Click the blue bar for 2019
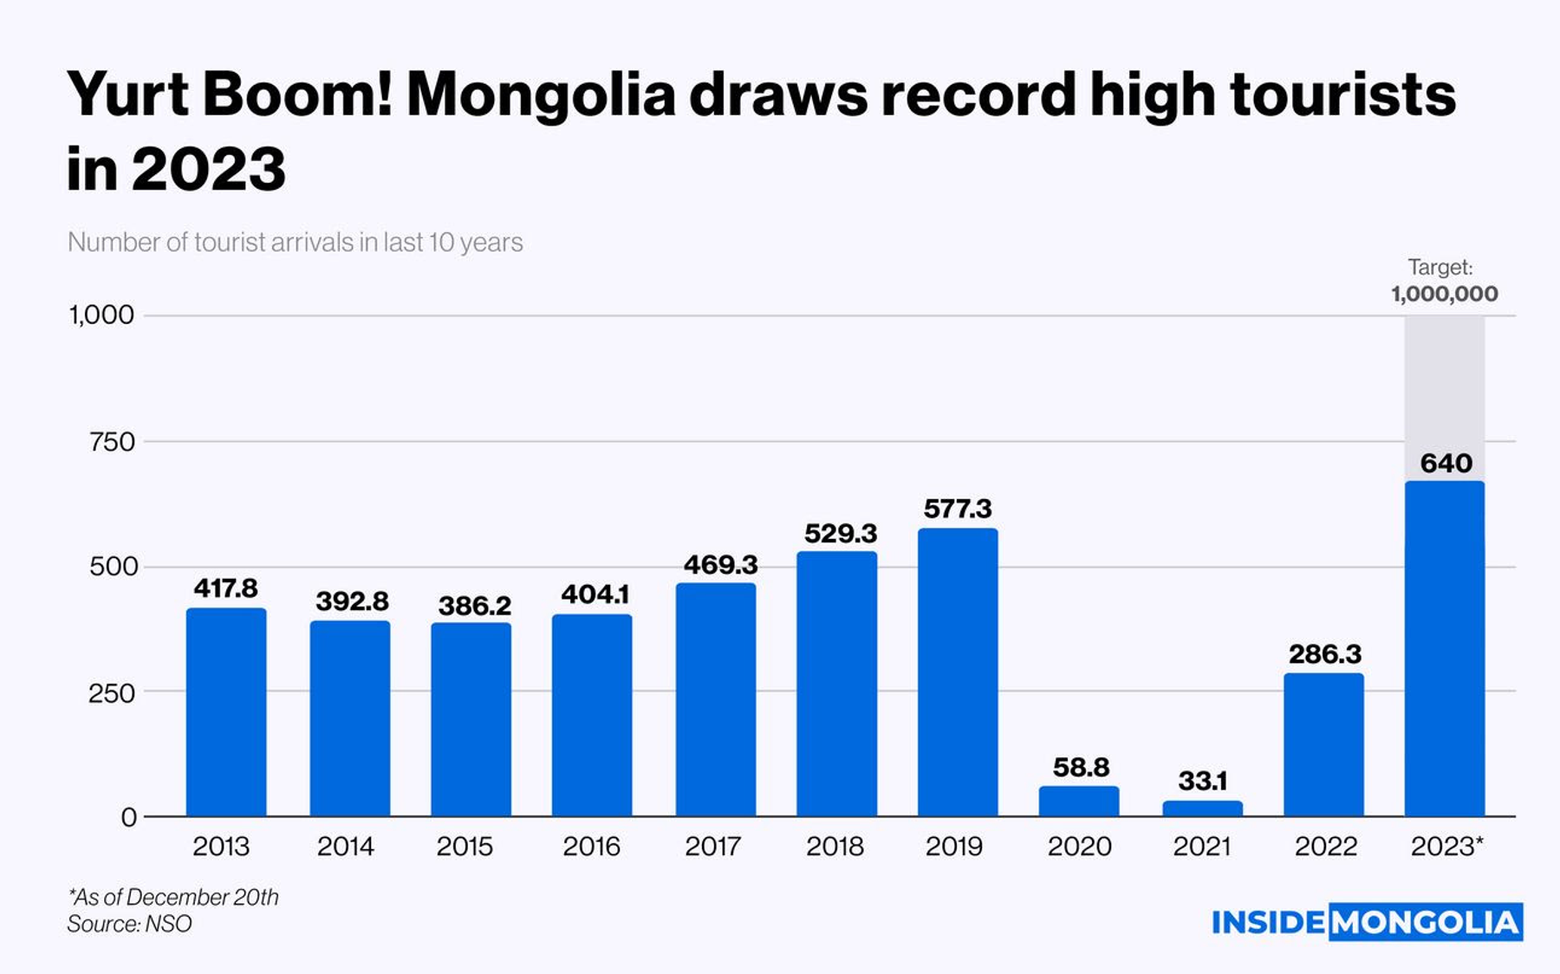[x=958, y=672]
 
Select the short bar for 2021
[x=1202, y=808]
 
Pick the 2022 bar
[x=1323, y=745]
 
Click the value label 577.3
[x=957, y=509]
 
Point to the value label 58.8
[x=1081, y=767]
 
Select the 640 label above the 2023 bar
[x=1446, y=464]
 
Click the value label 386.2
[x=474, y=605]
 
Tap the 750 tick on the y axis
[x=113, y=442]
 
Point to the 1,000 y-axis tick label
[x=102, y=315]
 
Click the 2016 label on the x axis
[x=591, y=846]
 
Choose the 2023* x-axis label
[x=1446, y=846]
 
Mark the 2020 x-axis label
[x=1079, y=846]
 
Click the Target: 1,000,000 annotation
[x=1444, y=281]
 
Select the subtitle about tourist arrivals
[x=296, y=242]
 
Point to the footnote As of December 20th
[x=173, y=897]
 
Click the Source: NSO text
[x=130, y=924]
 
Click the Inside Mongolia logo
[x=1367, y=922]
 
